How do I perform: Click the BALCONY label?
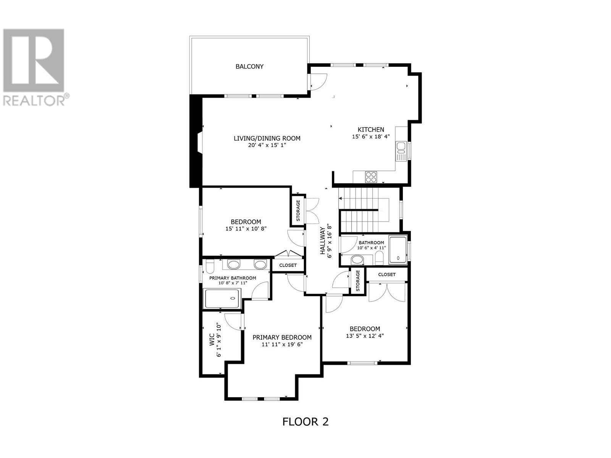pos(249,66)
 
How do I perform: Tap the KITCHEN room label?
pos(371,129)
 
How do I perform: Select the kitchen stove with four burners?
pos(371,177)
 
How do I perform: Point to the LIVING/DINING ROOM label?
pos(267,138)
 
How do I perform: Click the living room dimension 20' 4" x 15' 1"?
pos(267,145)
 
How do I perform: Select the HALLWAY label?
pos(323,241)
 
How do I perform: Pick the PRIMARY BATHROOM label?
pos(233,278)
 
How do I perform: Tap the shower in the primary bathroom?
pos(223,298)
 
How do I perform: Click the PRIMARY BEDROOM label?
pos(282,337)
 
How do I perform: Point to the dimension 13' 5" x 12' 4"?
pos(365,336)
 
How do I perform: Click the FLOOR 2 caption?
pos(305,421)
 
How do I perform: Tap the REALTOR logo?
pos(34,67)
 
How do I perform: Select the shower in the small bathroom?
pos(398,250)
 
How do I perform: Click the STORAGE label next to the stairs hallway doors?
pos(298,211)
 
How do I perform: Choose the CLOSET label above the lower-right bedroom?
pos(387,274)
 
